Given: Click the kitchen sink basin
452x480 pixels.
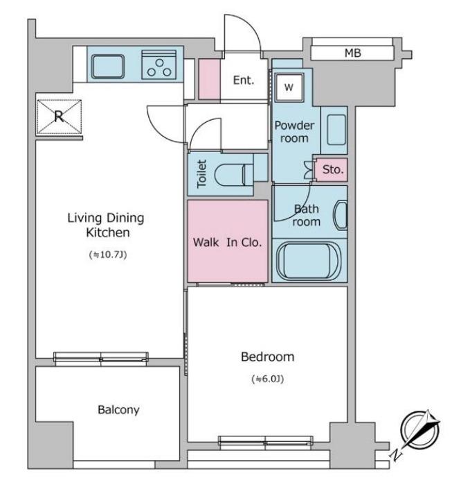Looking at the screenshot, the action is coord(108,67).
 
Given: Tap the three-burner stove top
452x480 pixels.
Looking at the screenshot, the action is coord(159,65).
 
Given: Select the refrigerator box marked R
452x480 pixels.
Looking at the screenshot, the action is coord(59,117).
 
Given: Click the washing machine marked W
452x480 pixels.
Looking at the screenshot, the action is coord(289,87).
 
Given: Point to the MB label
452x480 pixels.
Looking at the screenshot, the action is coord(353,53).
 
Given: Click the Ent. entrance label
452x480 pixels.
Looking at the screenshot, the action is coord(244,80).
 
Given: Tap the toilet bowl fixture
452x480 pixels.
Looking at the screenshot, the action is coord(234,175).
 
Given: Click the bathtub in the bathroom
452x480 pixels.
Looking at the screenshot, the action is coord(309,261).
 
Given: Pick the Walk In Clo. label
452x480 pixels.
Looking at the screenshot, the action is coord(228,243).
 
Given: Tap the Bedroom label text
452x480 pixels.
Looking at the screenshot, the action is coord(268,357).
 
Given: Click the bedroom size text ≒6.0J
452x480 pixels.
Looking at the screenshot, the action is coord(268,379).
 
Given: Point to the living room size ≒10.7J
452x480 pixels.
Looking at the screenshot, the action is coord(108,255).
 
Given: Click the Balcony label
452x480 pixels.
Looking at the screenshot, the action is coord(118,410).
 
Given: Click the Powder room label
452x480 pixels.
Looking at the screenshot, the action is coord(294,132).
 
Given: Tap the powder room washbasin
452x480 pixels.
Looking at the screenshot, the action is coord(336,130).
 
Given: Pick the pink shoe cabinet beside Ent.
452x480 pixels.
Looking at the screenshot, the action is coord(210,79).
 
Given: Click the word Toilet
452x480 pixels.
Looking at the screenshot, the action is coord(202,174).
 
